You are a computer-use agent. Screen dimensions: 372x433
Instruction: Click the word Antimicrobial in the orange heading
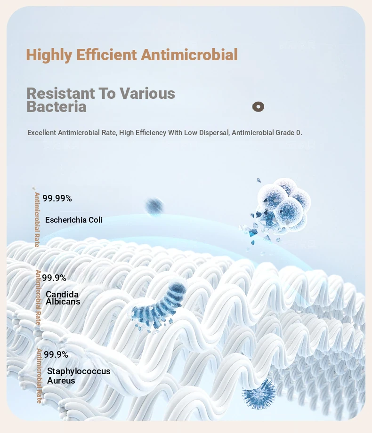tap(189, 55)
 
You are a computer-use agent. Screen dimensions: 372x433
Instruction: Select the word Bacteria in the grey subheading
tap(57, 106)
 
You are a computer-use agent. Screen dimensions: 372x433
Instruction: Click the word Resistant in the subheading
tap(61, 93)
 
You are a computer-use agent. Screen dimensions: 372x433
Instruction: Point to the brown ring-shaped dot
tap(258, 106)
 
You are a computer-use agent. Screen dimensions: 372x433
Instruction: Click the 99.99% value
tap(57, 198)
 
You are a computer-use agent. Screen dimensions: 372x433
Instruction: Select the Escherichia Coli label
tap(73, 220)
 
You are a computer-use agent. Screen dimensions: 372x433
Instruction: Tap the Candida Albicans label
tap(63, 298)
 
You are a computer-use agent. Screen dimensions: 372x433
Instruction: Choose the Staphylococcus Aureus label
tap(79, 376)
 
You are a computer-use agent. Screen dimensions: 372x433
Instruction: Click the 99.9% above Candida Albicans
tap(54, 278)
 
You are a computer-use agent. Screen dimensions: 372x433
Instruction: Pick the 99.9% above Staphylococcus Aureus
tap(56, 354)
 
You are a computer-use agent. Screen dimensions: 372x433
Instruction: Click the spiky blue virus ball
tap(259, 393)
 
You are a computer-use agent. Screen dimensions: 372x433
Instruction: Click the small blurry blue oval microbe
tap(154, 206)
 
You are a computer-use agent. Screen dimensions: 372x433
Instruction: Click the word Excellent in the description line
tap(41, 133)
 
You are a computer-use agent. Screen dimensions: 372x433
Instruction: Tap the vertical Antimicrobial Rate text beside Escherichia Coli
tap(37, 219)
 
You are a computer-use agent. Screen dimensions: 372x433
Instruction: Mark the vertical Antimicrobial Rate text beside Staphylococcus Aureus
tap(39, 376)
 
